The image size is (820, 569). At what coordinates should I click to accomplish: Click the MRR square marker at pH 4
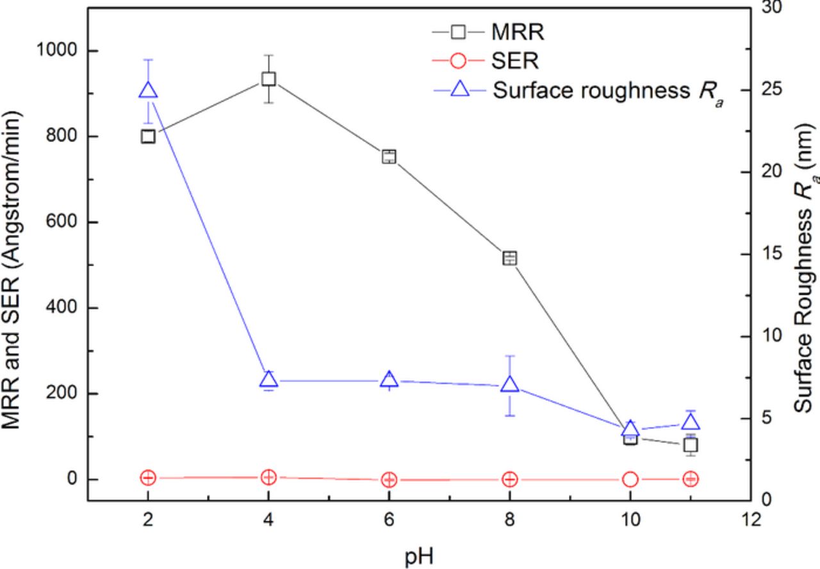click(x=268, y=79)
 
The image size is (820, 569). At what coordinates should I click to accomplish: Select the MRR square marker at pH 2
click(x=148, y=136)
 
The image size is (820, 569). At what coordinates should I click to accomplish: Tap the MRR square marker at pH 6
click(x=389, y=157)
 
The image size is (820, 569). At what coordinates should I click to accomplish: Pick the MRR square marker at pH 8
click(x=510, y=258)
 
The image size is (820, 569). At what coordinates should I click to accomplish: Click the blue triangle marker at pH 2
click(x=148, y=90)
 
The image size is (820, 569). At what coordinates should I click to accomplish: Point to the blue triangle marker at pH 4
click(x=268, y=380)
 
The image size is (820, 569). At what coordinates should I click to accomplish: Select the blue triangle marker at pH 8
click(x=510, y=384)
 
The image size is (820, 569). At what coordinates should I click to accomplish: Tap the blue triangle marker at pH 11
click(x=691, y=422)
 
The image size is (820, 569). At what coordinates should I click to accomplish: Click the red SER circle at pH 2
click(x=148, y=477)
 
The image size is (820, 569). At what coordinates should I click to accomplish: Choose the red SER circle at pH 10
click(x=630, y=479)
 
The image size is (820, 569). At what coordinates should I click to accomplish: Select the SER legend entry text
click(x=516, y=61)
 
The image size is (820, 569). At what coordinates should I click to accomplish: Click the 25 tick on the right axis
click(x=768, y=90)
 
